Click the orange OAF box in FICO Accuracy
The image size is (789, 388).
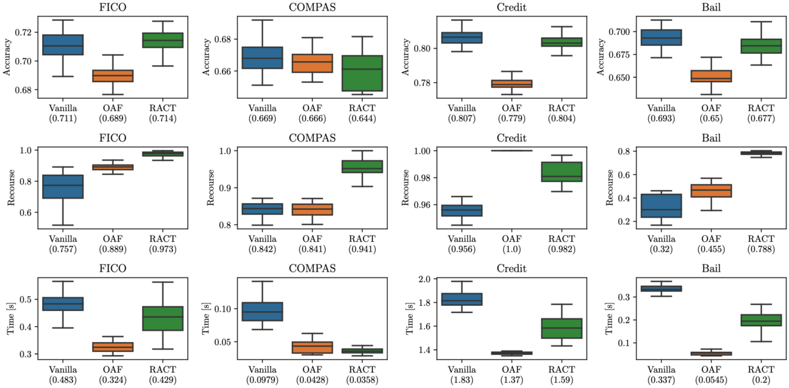(112, 76)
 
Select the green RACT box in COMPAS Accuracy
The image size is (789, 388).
(362, 73)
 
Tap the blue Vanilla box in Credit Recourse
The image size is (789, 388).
(462, 210)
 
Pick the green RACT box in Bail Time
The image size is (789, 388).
(761, 320)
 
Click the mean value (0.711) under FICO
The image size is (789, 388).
(62, 118)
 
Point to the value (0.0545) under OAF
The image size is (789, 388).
(711, 380)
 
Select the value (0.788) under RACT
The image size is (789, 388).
(761, 249)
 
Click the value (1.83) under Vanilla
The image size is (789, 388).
(462, 380)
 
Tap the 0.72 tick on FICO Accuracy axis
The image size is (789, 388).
(23, 32)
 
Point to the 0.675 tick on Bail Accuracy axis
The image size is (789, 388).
(619, 55)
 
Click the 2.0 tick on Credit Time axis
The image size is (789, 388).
(426, 279)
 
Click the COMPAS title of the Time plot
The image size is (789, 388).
(312, 268)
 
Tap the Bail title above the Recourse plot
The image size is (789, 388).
(711, 138)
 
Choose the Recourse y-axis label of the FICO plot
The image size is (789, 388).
(11, 187)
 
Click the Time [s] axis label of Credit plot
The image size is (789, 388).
(410, 318)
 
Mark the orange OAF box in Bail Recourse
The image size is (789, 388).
(711, 191)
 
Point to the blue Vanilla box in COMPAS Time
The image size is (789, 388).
(262, 312)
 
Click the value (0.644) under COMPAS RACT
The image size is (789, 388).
(362, 118)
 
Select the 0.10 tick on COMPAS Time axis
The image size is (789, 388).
(224, 309)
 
